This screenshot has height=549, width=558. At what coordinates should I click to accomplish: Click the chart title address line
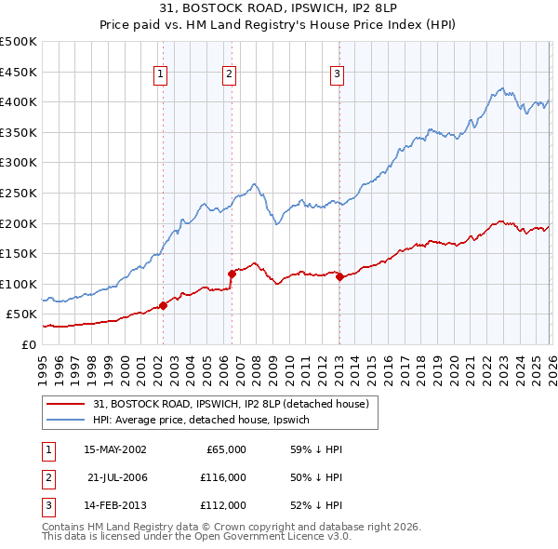279,10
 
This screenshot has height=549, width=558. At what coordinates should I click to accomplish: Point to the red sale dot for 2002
163,305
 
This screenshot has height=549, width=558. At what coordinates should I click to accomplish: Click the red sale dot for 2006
232,274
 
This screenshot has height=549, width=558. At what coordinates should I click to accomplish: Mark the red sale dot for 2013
339,276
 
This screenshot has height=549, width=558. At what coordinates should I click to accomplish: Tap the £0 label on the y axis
28,344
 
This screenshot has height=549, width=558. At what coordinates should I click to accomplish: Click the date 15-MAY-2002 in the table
114,449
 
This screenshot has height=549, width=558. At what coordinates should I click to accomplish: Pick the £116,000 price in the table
221,477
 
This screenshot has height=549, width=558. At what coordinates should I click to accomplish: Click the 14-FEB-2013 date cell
114,506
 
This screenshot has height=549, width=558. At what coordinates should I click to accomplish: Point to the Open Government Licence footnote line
197,537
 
